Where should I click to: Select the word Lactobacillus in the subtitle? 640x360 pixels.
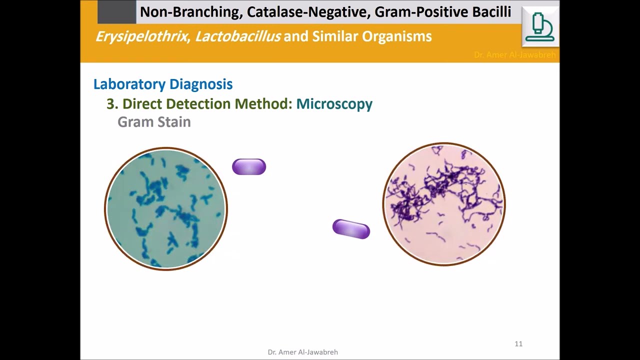pos(237,36)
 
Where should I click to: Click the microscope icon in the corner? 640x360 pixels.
pos(540,27)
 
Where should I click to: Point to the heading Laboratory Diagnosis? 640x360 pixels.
pos(163,84)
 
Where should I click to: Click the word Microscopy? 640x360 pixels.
pos(334,104)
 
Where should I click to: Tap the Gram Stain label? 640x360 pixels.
pos(154,122)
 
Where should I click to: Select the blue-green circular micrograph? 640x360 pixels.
pos(166,208)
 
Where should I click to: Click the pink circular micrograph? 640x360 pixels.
pos(444,204)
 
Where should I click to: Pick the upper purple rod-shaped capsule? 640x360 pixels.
pos(249,167)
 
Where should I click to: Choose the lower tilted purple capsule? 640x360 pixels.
pos(351,229)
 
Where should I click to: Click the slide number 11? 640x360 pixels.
pos(518,343)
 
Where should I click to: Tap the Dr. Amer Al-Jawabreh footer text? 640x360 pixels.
pos(302,352)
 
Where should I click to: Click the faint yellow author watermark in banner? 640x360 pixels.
pos(514,55)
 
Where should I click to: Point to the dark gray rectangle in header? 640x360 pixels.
pos(116,12)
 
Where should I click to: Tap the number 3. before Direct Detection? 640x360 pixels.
pos(112,104)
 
